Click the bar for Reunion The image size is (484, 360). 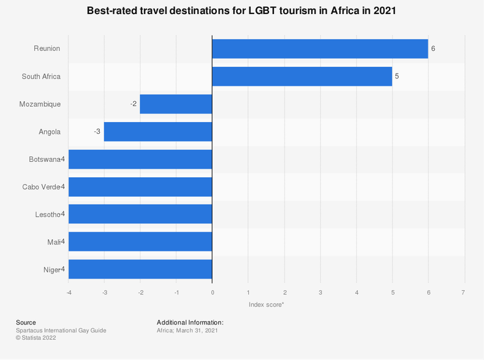(320, 49)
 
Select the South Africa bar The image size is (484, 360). (302, 77)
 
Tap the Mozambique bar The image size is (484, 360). (176, 104)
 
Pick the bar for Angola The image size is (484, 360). (158, 132)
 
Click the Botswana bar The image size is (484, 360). (140, 159)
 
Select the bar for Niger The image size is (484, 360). (140, 269)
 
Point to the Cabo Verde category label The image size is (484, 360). (40, 187)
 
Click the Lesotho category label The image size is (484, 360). (47, 215)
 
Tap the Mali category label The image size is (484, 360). (53, 242)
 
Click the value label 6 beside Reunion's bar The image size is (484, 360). (433, 49)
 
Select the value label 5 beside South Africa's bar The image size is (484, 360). (397, 77)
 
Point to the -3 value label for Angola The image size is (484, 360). (97, 132)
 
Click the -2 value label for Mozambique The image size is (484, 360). (133, 104)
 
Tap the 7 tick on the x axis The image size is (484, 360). (464, 293)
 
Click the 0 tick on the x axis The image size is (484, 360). (213, 293)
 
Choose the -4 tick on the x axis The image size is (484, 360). (69, 293)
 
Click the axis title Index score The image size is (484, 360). (266, 305)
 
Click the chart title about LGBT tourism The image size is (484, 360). (242, 11)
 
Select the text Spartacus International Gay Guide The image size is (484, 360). (61, 331)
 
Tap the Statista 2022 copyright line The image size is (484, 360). (36, 338)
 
